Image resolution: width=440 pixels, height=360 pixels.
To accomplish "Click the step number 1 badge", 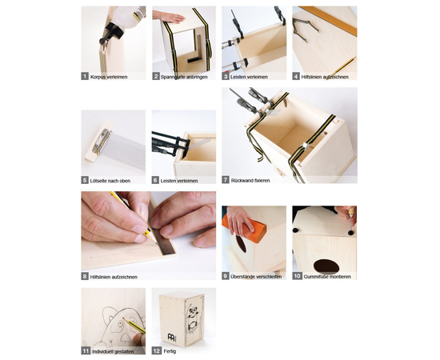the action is pyautogui.click(x=85, y=76).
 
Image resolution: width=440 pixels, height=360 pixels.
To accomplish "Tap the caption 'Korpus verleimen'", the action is pyautogui.click(x=109, y=77).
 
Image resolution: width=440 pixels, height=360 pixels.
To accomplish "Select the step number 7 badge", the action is pyautogui.click(x=226, y=180).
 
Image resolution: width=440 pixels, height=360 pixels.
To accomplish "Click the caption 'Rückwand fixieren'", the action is pyautogui.click(x=250, y=181).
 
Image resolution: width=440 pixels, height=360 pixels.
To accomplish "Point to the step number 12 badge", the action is pyautogui.click(x=156, y=350).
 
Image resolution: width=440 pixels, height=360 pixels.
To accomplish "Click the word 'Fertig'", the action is pyautogui.click(x=170, y=351).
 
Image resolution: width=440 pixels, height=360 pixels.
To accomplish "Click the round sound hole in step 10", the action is pyautogui.click(x=326, y=266).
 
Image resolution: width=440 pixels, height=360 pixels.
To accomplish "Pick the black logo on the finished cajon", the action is pyautogui.click(x=170, y=337).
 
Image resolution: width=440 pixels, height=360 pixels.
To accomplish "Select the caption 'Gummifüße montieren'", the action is pyautogui.click(x=327, y=277).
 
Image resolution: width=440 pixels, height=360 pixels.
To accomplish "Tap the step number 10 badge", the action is pyautogui.click(x=297, y=276).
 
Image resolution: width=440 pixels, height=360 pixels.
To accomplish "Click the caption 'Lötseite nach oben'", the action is pyautogui.click(x=110, y=181).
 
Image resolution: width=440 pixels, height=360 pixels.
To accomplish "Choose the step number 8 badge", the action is pyautogui.click(x=85, y=276).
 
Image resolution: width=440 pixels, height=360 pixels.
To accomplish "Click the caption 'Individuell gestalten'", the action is pyautogui.click(x=113, y=351).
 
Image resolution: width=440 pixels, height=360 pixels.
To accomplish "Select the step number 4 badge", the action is pyautogui.click(x=296, y=76).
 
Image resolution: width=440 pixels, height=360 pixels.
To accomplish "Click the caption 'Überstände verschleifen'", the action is pyautogui.click(x=256, y=277).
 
